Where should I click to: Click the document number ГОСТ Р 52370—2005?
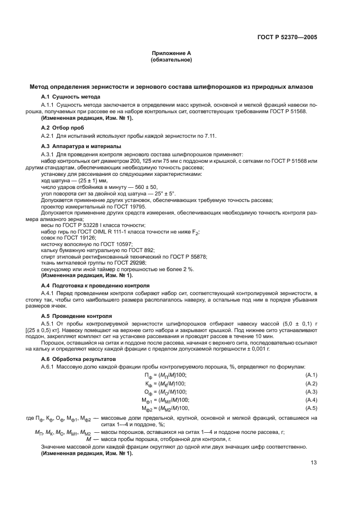pos(287,37)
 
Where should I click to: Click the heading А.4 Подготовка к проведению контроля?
pos(96,285)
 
